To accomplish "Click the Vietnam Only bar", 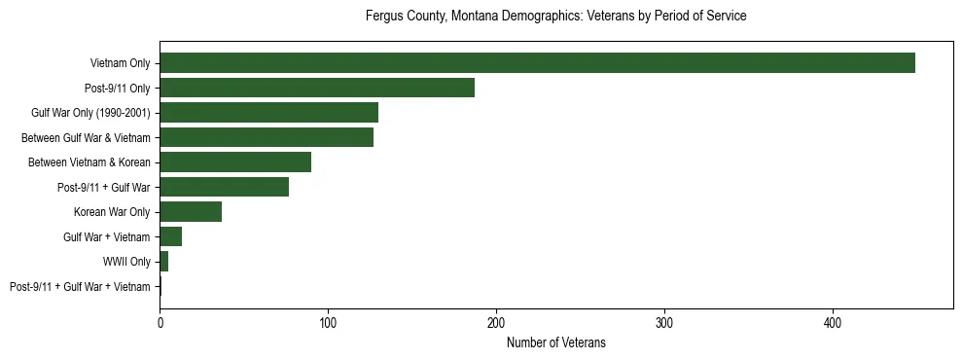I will coord(537,63).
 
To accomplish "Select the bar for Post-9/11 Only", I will coord(317,88).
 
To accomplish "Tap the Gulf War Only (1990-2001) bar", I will coord(268,113).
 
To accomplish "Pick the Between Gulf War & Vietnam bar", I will coord(267,137).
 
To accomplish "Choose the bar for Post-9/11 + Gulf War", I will coord(224,187).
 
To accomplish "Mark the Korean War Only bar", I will coord(191,212).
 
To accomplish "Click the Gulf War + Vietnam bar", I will coord(170,236).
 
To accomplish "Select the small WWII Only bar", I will coord(163,262).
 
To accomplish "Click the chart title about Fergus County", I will coord(555,17).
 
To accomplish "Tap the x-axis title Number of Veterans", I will coord(555,342).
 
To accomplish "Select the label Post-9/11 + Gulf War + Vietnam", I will coord(80,287).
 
